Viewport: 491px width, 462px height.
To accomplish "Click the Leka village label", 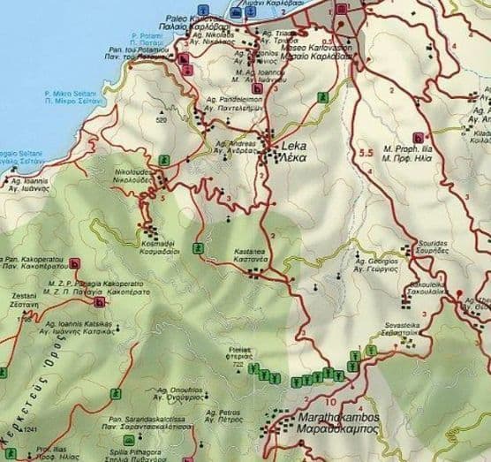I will [296, 146].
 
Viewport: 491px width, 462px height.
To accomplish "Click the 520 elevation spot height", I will [161, 119].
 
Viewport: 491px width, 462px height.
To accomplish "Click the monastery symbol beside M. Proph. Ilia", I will [418, 136].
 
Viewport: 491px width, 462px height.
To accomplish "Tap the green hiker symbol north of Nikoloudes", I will [163, 160].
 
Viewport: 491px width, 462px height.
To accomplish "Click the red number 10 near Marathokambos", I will [353, 383].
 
